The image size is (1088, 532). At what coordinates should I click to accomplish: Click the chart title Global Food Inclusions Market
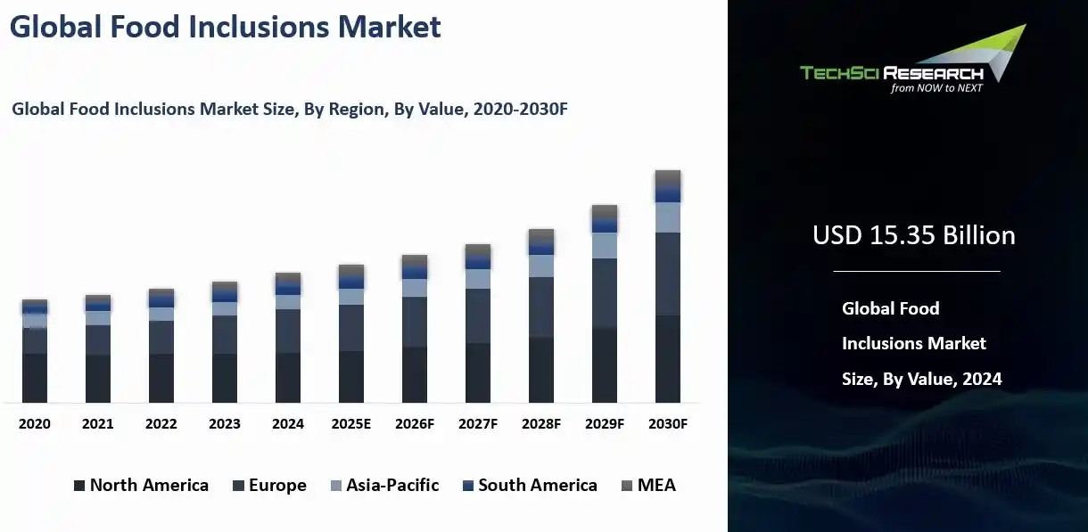[225, 27]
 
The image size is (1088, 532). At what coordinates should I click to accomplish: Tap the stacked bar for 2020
[35, 352]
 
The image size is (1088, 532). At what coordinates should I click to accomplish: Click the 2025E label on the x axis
[351, 424]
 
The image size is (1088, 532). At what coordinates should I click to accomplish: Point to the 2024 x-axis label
[288, 424]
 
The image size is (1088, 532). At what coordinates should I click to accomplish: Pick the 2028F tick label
[541, 424]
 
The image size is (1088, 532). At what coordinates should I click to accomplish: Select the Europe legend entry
[269, 486]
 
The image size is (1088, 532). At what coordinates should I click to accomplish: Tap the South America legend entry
[530, 486]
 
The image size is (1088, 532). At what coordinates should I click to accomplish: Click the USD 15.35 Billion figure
[913, 235]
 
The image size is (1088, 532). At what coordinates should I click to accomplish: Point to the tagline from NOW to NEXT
[936, 88]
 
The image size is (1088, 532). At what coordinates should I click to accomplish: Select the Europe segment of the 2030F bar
[667, 274]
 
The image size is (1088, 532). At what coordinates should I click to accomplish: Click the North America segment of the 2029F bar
[604, 365]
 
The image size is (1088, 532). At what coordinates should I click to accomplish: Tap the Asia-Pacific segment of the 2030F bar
[667, 217]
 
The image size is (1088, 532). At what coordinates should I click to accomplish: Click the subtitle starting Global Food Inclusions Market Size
[290, 110]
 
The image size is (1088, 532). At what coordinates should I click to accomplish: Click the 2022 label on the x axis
[161, 424]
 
